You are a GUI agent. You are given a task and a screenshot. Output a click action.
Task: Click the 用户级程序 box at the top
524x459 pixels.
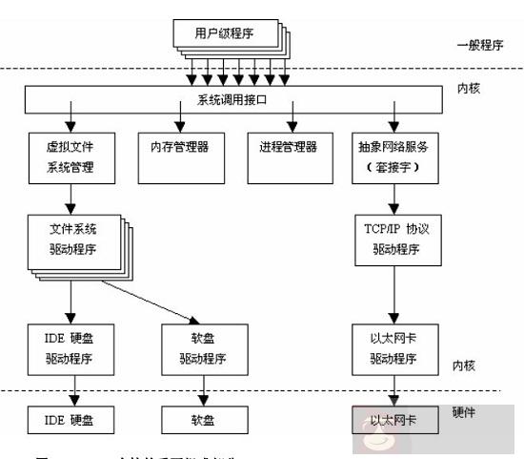(227, 35)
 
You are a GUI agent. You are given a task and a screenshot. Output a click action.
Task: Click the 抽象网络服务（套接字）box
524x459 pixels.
(394, 158)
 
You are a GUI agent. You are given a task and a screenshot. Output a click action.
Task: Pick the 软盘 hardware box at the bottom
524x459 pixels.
(202, 419)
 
